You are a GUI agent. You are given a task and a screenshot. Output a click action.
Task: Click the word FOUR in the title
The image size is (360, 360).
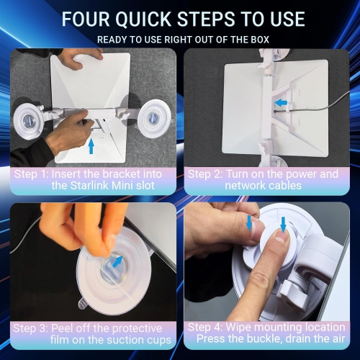coord(86,19)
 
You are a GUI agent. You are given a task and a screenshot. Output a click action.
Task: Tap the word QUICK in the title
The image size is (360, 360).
coord(143,19)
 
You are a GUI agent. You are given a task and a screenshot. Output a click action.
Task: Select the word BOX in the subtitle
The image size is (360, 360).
coord(260,40)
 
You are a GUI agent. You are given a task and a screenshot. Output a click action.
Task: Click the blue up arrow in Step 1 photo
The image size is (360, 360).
coord(91,147)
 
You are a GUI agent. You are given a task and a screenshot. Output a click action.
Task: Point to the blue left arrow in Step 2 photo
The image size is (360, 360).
coord(281,103)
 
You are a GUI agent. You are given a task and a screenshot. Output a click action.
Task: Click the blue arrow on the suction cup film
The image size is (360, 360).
coord(118,261)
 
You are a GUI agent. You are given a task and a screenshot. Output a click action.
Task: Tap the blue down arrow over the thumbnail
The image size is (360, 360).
coord(249,222)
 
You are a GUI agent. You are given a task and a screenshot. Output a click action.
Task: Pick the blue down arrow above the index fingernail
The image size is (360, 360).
coord(284,225)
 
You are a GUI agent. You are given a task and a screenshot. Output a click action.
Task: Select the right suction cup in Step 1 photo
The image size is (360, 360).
coord(153,118)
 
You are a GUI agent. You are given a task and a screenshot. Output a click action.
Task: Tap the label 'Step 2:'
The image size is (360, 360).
coord(205,174)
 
